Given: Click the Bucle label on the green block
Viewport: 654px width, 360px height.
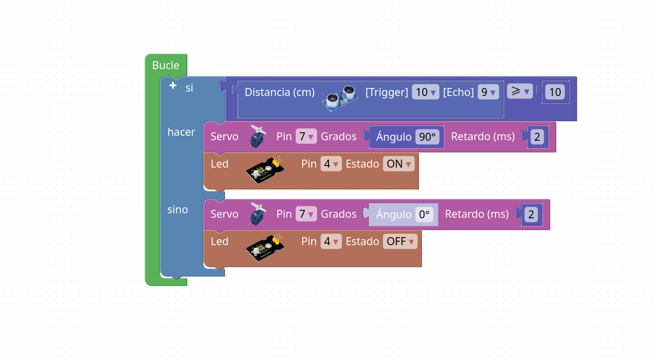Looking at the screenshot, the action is [165, 65].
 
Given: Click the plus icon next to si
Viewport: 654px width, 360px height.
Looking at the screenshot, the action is [173, 86].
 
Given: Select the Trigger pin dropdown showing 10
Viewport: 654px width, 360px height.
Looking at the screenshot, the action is [425, 92].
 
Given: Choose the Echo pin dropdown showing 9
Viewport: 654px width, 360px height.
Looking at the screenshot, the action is [488, 92].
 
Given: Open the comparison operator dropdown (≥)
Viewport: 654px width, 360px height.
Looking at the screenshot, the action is [520, 91].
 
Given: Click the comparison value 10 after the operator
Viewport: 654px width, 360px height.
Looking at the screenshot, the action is [555, 92].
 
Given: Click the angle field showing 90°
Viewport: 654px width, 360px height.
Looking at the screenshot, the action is [427, 137].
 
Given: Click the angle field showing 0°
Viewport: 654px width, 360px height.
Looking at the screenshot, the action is [424, 214].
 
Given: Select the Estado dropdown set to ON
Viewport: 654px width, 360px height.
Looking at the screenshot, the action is [399, 164].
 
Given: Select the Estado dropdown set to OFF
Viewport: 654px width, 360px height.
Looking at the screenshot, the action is [400, 241].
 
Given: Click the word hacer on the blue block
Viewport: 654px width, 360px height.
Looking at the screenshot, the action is [181, 132].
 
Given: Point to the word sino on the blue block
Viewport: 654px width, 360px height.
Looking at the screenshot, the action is [177, 209].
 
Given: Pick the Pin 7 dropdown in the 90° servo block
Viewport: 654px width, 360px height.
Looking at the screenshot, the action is [306, 136].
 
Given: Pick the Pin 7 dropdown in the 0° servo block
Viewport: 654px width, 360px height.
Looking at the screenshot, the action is [306, 214].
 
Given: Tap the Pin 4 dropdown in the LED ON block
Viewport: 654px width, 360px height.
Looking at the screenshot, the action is [331, 164].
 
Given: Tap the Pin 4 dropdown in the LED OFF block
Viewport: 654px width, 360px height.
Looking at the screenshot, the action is [331, 241].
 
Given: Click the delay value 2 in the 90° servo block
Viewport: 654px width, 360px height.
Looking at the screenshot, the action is [537, 137].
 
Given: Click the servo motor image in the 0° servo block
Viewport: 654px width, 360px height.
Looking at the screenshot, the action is [257, 214].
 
